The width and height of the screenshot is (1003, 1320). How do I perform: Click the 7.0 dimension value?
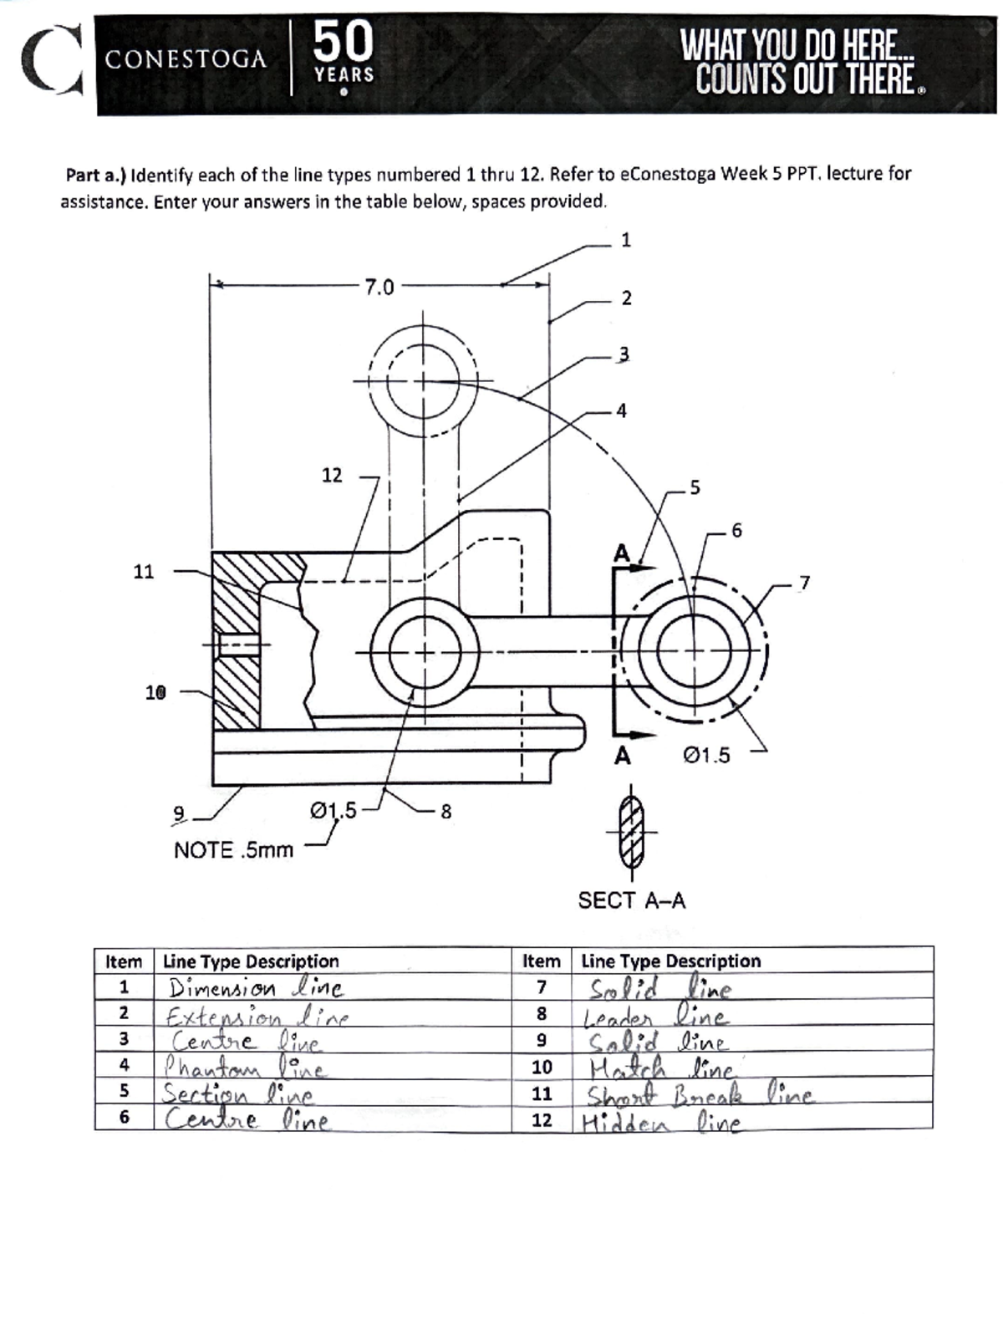(379, 288)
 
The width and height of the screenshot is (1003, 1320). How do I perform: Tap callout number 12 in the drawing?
(332, 476)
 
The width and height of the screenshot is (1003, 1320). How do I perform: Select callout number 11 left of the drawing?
(144, 572)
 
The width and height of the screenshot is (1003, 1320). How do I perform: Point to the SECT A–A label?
(632, 900)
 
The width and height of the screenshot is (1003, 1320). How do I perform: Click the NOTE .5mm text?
(233, 850)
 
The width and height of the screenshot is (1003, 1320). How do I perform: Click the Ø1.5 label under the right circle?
(706, 756)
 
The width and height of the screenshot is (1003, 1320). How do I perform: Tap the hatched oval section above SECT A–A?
(632, 833)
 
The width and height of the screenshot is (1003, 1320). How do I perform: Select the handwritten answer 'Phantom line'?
(244, 1068)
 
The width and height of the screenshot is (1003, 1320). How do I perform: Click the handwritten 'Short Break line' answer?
(698, 1094)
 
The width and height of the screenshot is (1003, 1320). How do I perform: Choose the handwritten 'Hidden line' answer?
(660, 1123)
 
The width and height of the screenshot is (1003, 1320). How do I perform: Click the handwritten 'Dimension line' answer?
(255, 988)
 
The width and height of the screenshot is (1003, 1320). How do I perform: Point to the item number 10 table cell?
(542, 1068)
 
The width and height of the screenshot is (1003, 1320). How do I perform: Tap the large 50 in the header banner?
(344, 41)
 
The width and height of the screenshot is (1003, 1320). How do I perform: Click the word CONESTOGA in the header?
(186, 60)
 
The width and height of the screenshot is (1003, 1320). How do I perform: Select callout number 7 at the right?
(804, 583)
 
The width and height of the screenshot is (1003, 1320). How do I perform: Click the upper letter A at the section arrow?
(621, 553)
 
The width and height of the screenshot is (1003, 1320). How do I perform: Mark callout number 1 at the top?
(626, 241)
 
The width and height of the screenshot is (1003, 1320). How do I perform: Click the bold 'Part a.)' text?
(95, 176)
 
